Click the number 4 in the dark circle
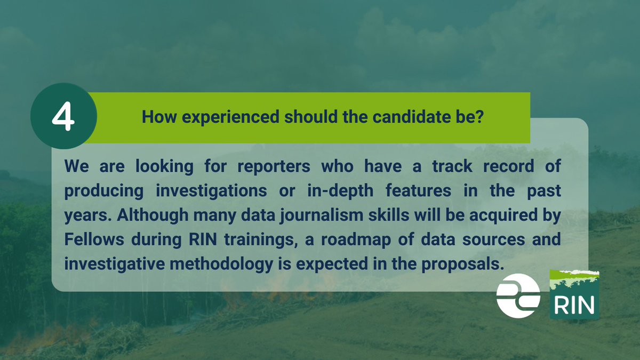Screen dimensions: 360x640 pos(63,118)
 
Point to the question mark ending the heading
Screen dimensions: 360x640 pos(479,117)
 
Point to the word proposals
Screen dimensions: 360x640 pos(466,264)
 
